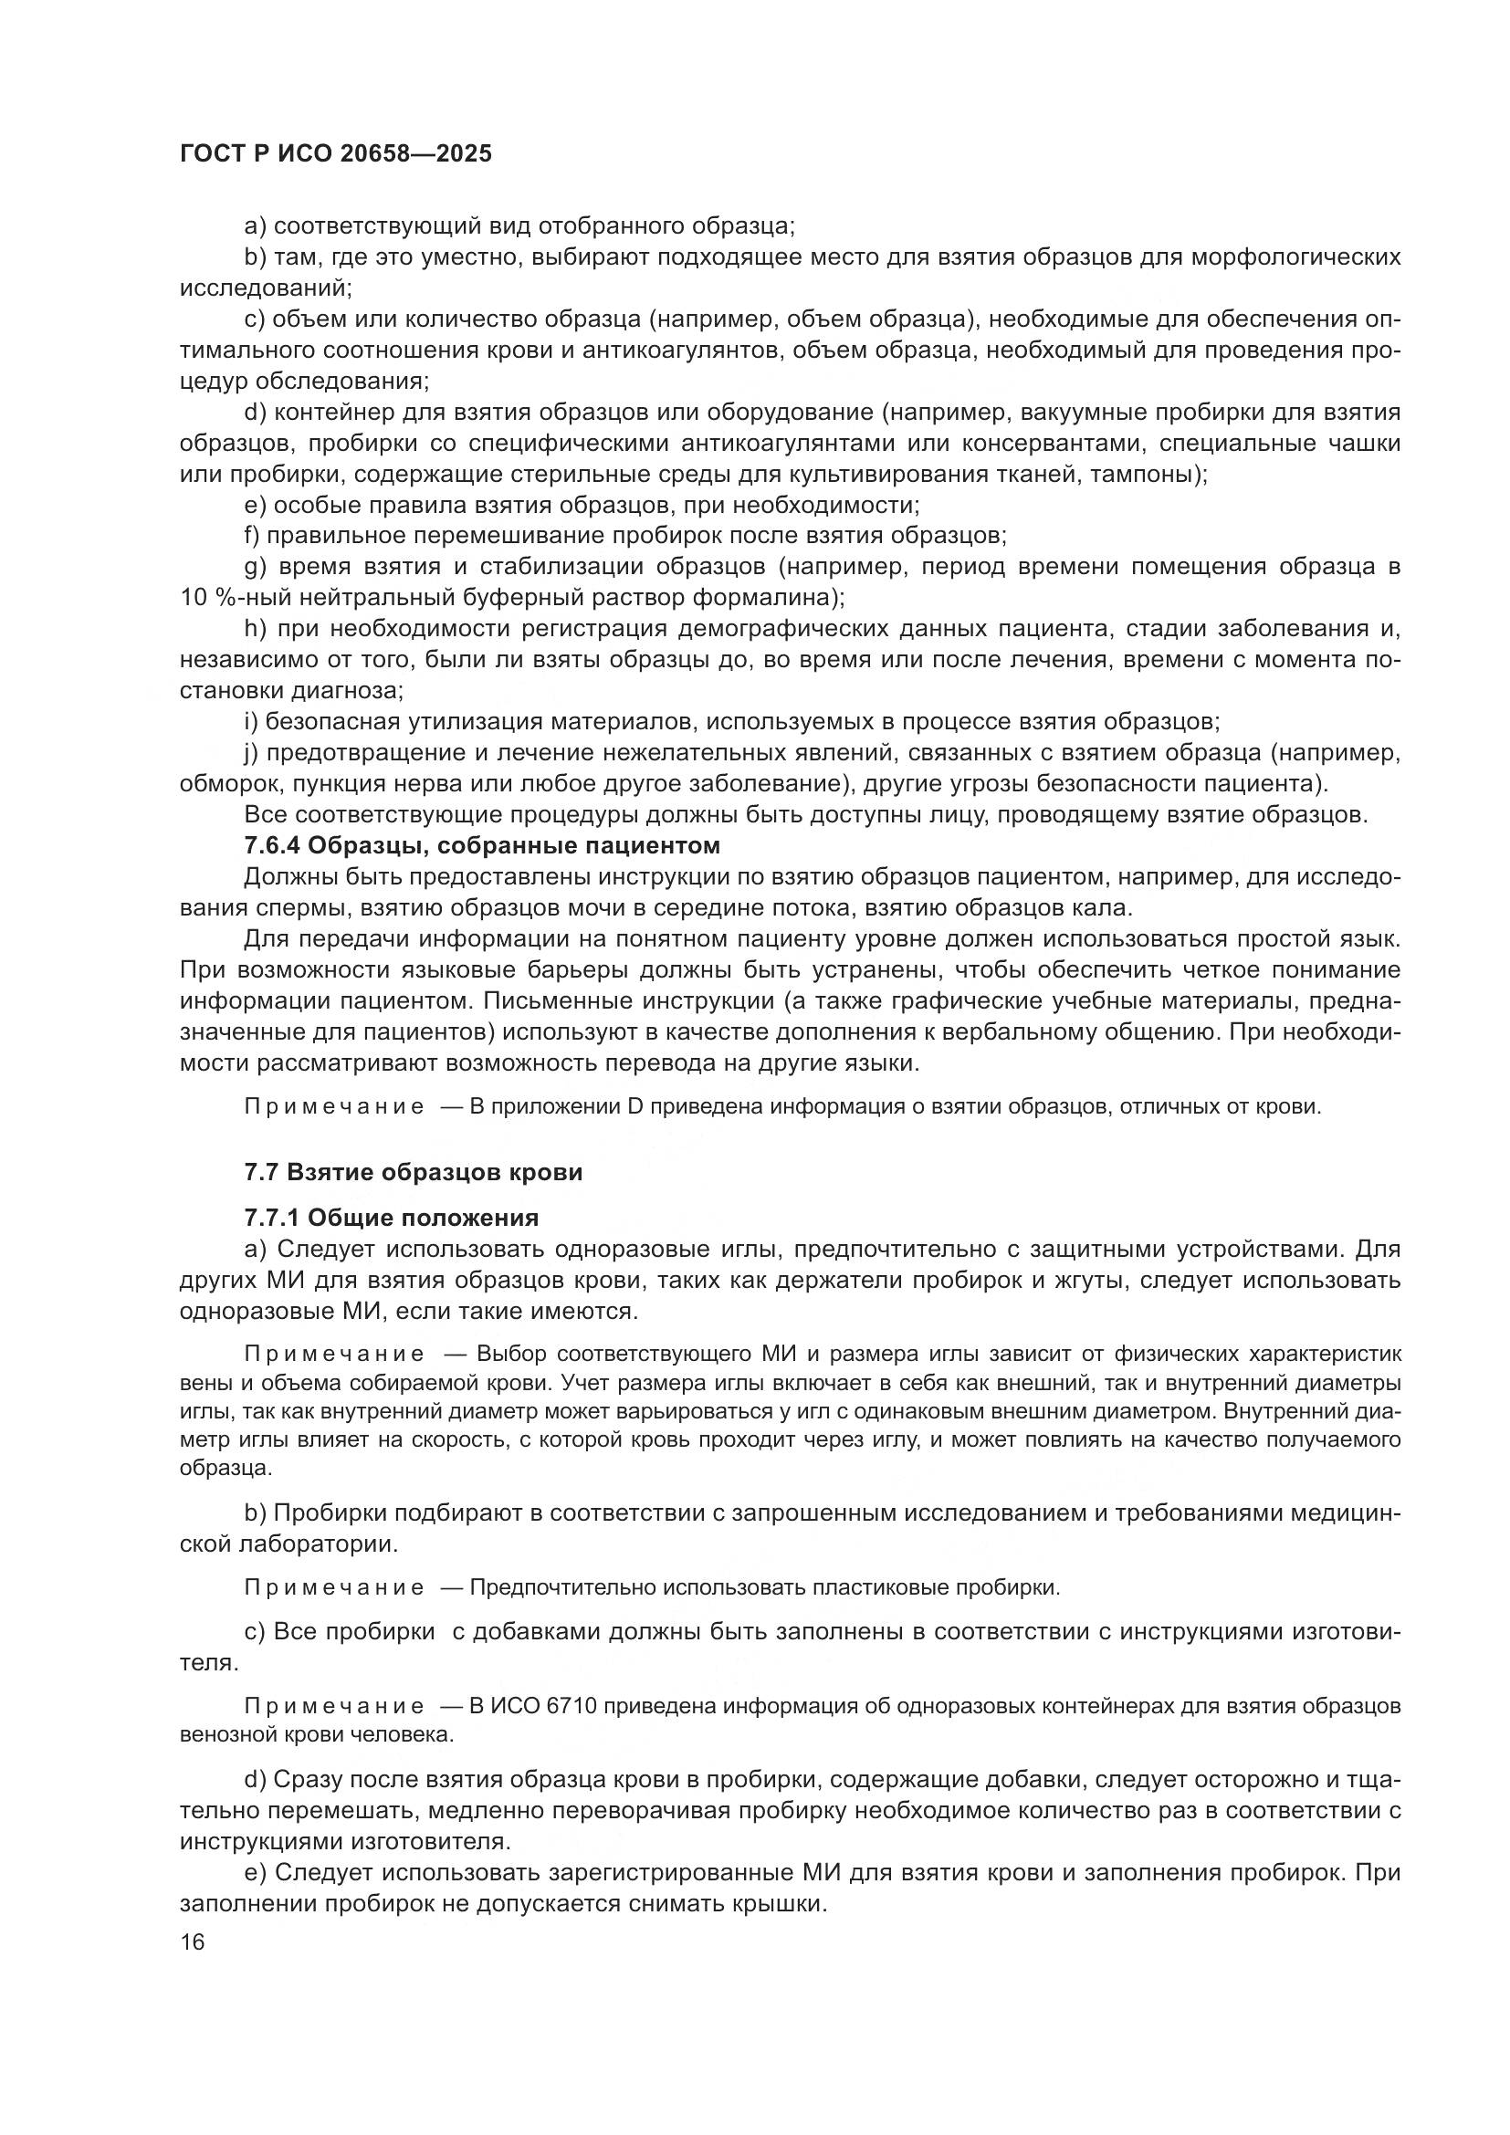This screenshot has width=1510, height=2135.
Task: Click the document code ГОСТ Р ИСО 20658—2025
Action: click(x=336, y=153)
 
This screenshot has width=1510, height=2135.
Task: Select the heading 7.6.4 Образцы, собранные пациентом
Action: click(x=482, y=846)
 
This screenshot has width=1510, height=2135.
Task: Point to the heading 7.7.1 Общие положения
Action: click(x=391, y=1218)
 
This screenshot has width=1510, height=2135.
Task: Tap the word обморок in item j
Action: click(x=231, y=784)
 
